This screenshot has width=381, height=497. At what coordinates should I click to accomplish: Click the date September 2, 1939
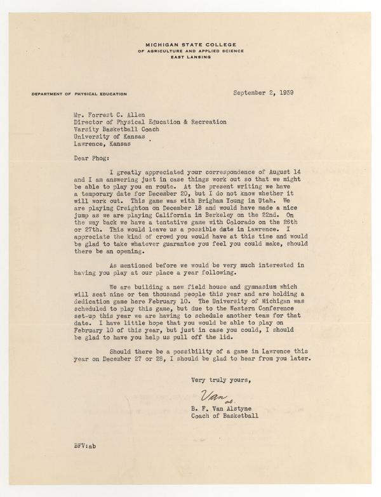[x=266, y=93]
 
